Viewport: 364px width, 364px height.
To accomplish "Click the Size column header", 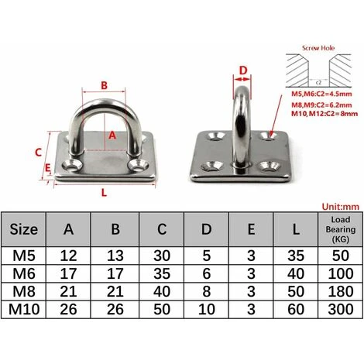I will click(x=24, y=229).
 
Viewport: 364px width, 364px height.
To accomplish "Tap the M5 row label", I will click(x=24, y=256).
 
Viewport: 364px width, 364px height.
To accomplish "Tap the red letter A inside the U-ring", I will click(x=112, y=133).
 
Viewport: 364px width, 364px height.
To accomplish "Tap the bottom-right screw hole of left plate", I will click(x=142, y=165).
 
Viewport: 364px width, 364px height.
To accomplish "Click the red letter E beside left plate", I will click(x=47, y=166).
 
